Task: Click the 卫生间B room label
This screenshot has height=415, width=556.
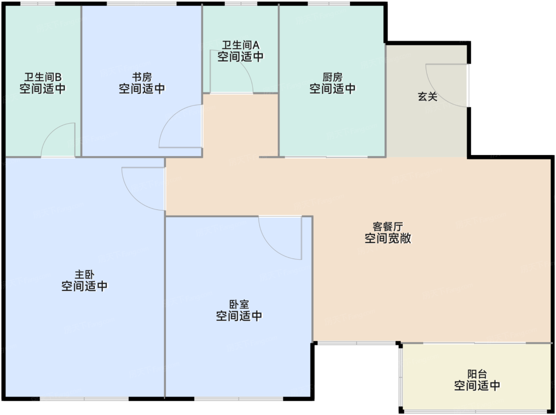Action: (43, 77)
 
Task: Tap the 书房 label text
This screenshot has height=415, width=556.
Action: (142, 77)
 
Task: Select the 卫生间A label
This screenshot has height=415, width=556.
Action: (241, 45)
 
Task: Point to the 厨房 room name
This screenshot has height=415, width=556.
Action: (332, 77)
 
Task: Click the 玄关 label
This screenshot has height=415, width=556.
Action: (428, 97)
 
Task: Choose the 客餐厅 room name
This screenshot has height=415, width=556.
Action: (388, 227)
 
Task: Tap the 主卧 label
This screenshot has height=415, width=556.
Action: (85, 275)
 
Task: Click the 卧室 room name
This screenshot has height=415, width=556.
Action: (239, 304)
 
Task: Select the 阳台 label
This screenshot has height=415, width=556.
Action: (477, 374)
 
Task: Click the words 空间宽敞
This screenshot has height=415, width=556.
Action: (388, 238)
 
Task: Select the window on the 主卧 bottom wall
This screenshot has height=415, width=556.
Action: (84, 399)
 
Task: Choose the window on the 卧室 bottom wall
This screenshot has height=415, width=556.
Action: (239, 399)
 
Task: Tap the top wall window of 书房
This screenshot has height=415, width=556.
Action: (142, 4)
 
